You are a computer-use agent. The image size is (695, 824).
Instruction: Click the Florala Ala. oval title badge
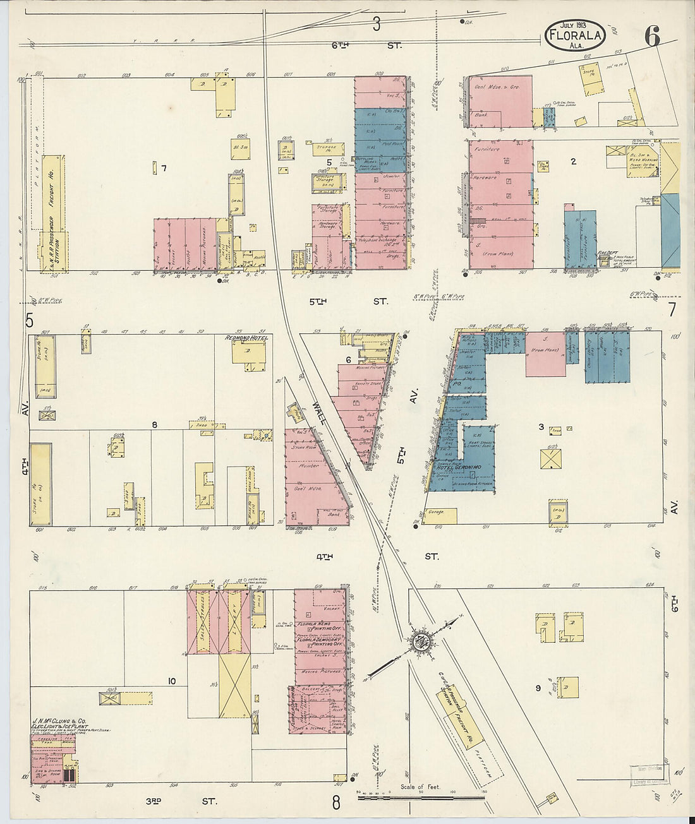pyautogui.click(x=574, y=36)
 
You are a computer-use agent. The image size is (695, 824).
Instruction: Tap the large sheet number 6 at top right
pyautogui.click(x=652, y=37)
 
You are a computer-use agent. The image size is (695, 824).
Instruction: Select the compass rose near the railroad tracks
pyautogui.click(x=419, y=642)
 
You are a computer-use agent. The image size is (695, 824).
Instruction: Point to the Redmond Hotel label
pyautogui.click(x=246, y=338)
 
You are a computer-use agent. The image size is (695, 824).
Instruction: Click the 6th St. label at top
pyautogui.click(x=365, y=45)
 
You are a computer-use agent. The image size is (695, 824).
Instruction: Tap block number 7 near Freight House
pyautogui.click(x=164, y=168)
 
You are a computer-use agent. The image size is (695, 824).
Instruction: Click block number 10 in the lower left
pyautogui.click(x=171, y=681)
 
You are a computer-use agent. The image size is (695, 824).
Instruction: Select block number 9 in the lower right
pyautogui.click(x=538, y=688)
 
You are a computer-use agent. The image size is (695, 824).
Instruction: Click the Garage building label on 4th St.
pyautogui.click(x=436, y=513)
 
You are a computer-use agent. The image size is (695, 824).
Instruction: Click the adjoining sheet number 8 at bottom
pyautogui.click(x=336, y=803)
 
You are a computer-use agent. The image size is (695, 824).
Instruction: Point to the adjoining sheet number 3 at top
pyautogui.click(x=377, y=24)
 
